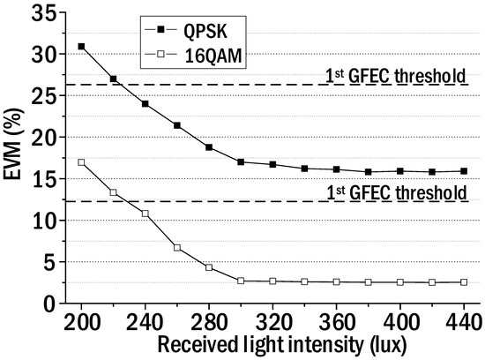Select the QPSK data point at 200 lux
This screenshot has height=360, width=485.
tap(81, 46)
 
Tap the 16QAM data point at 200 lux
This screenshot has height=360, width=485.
tap(81, 162)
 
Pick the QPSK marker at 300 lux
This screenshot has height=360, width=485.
tap(241, 161)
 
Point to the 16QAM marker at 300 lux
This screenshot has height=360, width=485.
tap(241, 281)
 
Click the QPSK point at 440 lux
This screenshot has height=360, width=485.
tap(464, 171)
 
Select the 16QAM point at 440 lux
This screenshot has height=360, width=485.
tap(464, 282)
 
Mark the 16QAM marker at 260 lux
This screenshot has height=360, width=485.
tap(177, 248)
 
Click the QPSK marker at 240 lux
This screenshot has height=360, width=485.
tap(145, 104)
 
